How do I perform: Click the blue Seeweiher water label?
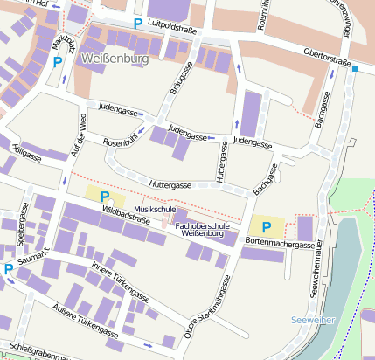click(313, 320)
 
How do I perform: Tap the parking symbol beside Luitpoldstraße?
click(137, 24)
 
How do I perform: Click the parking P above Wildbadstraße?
click(105, 197)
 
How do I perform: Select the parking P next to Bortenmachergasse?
click(267, 227)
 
